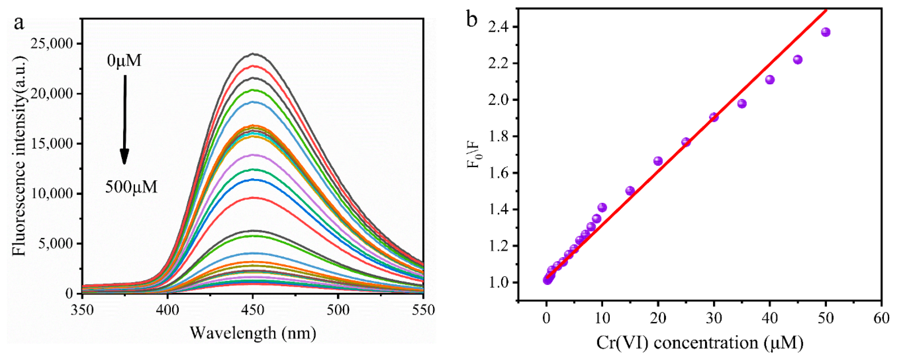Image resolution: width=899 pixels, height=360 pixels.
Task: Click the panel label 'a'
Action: coord(19,24)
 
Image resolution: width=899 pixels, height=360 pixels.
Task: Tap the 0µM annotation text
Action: coord(124,61)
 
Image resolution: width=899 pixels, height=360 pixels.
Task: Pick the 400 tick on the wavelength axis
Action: coord(167,310)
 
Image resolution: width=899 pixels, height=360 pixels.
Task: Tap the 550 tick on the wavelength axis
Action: coord(423,310)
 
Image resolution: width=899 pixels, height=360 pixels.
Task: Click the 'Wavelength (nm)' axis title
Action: coord(253,333)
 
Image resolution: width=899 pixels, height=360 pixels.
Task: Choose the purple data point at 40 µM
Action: coord(770,80)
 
